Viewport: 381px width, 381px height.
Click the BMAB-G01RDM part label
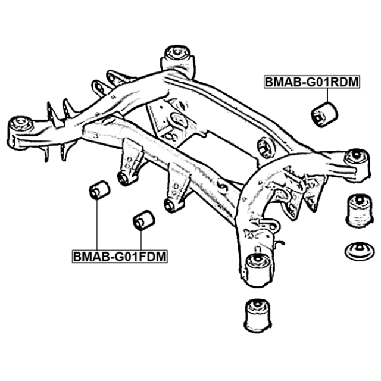[311, 82]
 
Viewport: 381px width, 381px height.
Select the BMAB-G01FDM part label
[120, 256]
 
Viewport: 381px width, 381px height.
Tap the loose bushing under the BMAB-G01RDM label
[324, 114]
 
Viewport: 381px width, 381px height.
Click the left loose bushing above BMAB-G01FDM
[99, 190]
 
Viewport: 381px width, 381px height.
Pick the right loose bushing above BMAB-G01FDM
[144, 220]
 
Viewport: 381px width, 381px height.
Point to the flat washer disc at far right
[360, 251]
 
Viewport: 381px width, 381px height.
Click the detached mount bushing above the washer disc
[359, 210]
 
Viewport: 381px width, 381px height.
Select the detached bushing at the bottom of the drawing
[258, 316]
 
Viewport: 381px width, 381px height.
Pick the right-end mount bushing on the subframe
[357, 165]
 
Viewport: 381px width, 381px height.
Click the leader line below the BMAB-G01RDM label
[327, 95]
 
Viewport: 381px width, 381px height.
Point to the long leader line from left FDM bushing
[97, 225]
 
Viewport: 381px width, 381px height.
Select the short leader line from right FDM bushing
[140, 240]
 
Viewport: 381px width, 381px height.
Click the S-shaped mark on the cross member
[222, 187]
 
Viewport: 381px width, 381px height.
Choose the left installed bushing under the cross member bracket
[126, 179]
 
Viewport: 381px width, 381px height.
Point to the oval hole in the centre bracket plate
[179, 119]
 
